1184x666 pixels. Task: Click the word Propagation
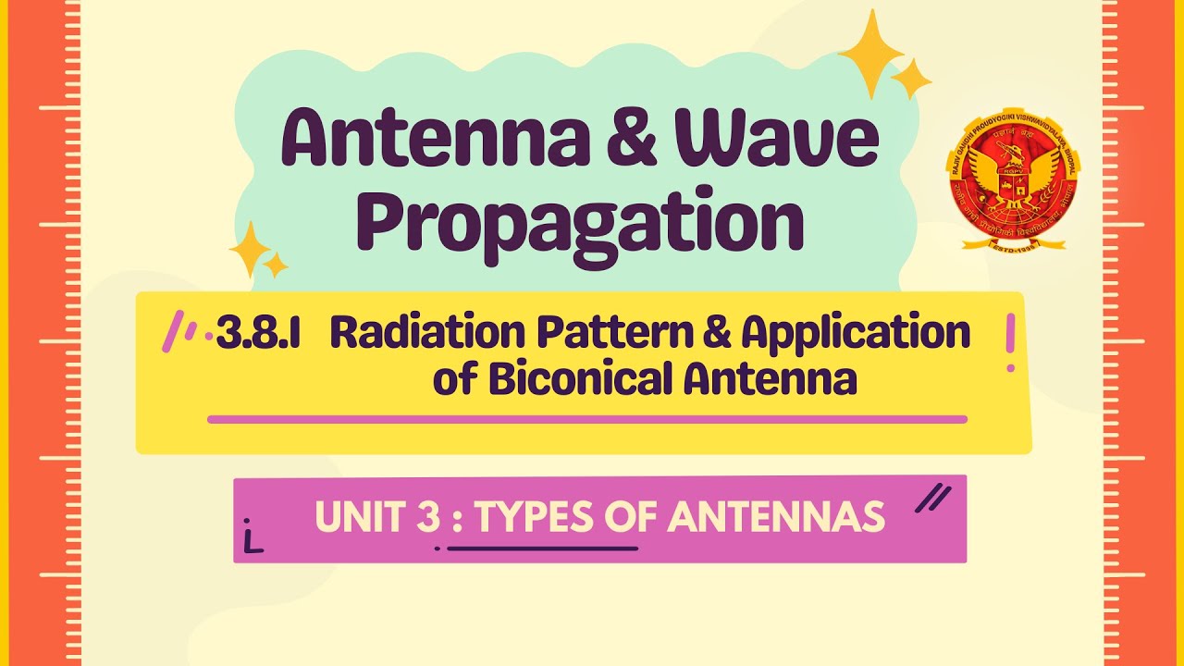(580, 222)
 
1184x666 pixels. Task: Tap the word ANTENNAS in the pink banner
(777, 517)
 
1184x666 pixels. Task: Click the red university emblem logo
(1013, 185)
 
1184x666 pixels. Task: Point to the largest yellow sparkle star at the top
(869, 53)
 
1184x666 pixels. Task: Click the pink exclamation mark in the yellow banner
(1010, 342)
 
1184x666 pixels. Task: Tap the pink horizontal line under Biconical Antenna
(587, 419)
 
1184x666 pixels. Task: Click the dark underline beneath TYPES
(542, 548)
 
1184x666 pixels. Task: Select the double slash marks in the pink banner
(932, 499)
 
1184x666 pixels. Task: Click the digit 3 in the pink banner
(427, 517)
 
